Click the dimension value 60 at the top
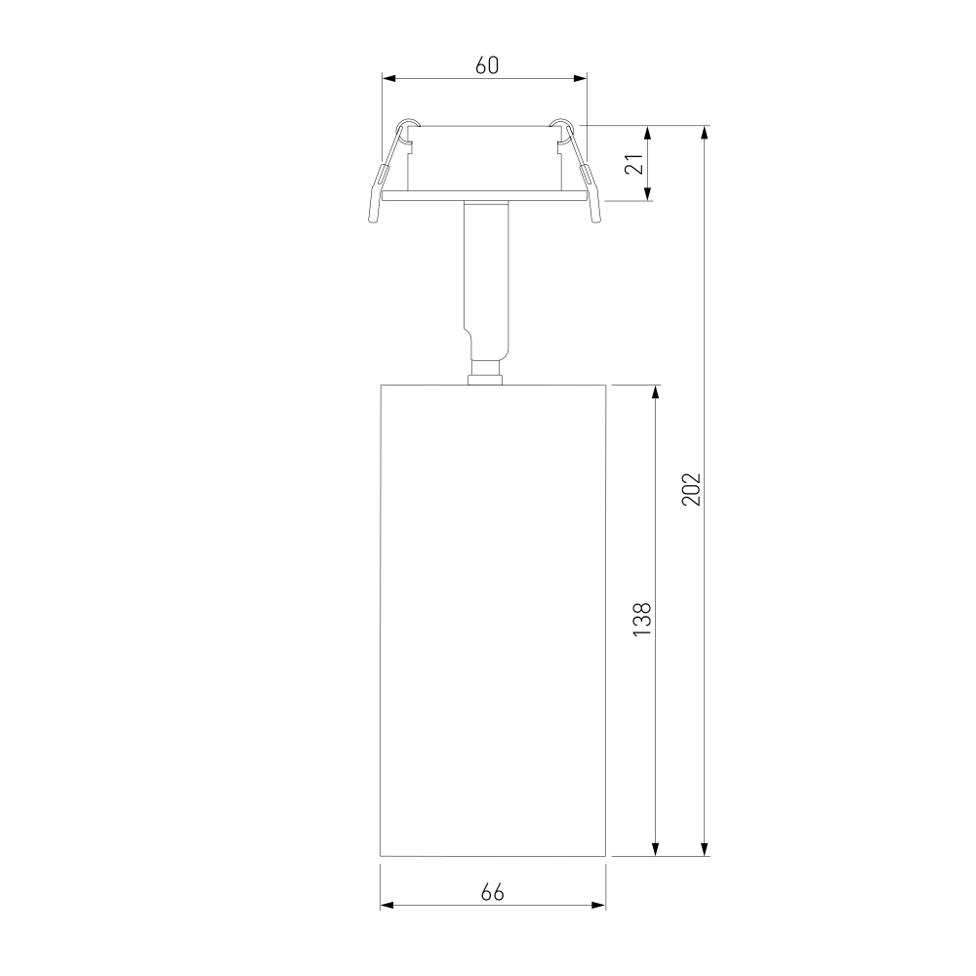click(487, 64)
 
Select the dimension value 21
click(633, 164)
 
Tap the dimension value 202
click(691, 489)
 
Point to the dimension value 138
click(642, 619)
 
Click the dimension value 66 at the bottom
click(492, 892)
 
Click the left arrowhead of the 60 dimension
click(388, 78)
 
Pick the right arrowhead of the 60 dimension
click(580, 78)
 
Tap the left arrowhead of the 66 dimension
click(387, 905)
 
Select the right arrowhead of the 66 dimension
click(598, 905)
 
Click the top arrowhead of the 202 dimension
click(705, 133)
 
